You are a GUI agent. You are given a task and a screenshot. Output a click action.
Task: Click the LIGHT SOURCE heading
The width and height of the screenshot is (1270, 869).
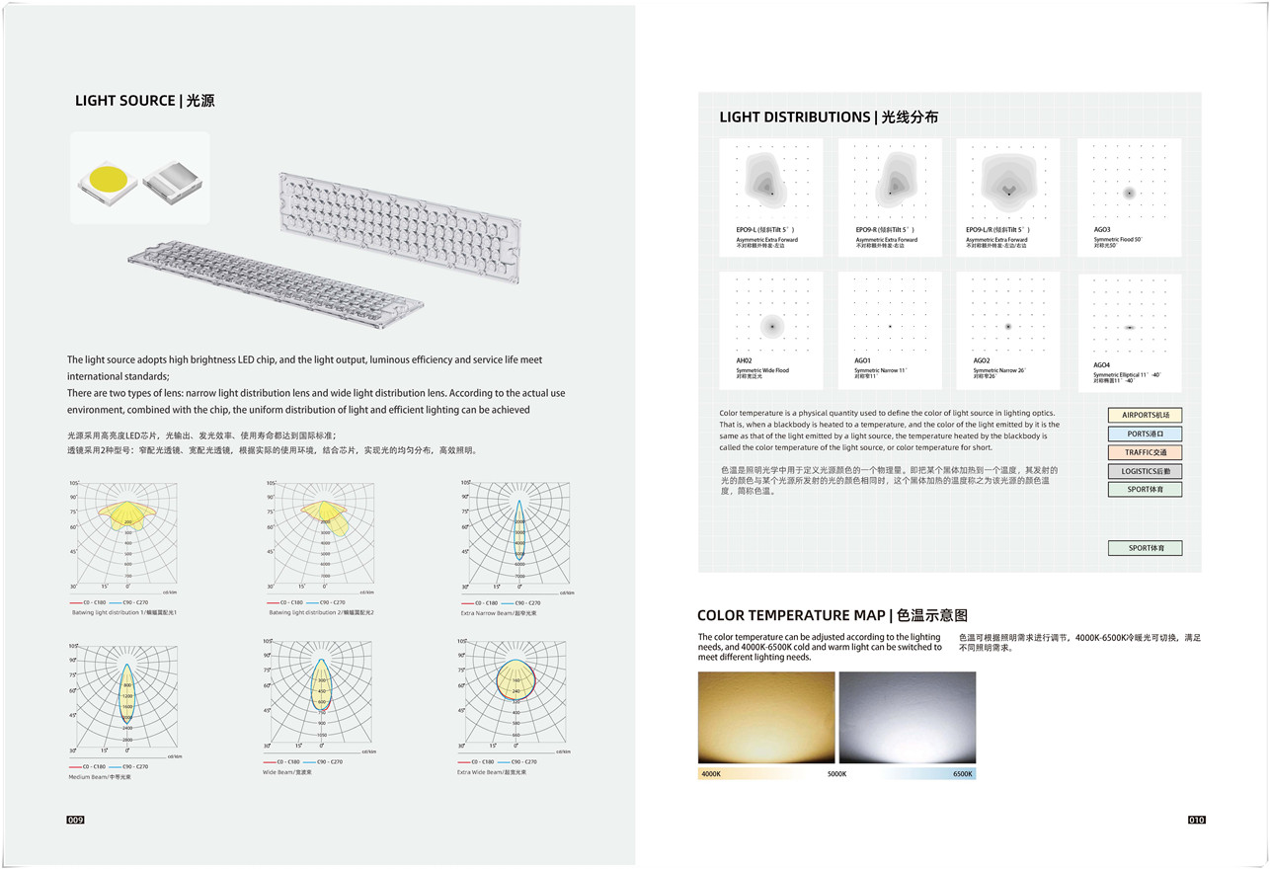pos(145,101)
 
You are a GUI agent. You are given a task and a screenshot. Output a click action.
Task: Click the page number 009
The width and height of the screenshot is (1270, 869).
pos(76,821)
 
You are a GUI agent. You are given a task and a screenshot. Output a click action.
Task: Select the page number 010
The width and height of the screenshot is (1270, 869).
pos(1196,820)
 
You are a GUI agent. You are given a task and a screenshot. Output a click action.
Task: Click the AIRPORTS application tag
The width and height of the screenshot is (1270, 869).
pos(1144,416)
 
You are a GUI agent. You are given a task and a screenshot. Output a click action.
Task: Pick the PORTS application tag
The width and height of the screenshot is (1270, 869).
pos(1144,434)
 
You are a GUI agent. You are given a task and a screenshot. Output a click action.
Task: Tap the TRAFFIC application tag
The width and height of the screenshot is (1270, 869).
pos(1144,452)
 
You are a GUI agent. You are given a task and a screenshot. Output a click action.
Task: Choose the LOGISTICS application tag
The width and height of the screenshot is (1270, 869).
pos(1144,471)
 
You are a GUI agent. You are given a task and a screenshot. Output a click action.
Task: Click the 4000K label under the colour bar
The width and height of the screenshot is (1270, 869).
pos(711,774)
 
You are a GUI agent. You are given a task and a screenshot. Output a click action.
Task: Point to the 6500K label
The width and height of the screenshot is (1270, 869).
pos(963,774)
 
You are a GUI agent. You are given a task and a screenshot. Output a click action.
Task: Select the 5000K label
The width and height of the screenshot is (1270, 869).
pos(836,774)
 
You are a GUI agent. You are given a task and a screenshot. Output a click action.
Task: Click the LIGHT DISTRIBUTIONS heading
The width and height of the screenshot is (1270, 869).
pos(829,118)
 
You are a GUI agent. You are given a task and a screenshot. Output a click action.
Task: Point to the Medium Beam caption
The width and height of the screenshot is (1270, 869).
pos(100,777)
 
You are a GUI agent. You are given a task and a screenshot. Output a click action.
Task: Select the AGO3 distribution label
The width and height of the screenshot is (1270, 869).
pos(1102,230)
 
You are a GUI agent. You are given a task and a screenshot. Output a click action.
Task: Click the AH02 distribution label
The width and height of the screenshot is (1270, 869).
pos(744,361)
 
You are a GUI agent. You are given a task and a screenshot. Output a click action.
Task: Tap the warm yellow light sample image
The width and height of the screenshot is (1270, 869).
pos(766,718)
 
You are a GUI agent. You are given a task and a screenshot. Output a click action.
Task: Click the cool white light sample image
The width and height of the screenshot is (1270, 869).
pos(907,718)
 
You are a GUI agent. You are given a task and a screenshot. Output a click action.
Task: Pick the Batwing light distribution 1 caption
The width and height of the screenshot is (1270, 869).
pos(123,613)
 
